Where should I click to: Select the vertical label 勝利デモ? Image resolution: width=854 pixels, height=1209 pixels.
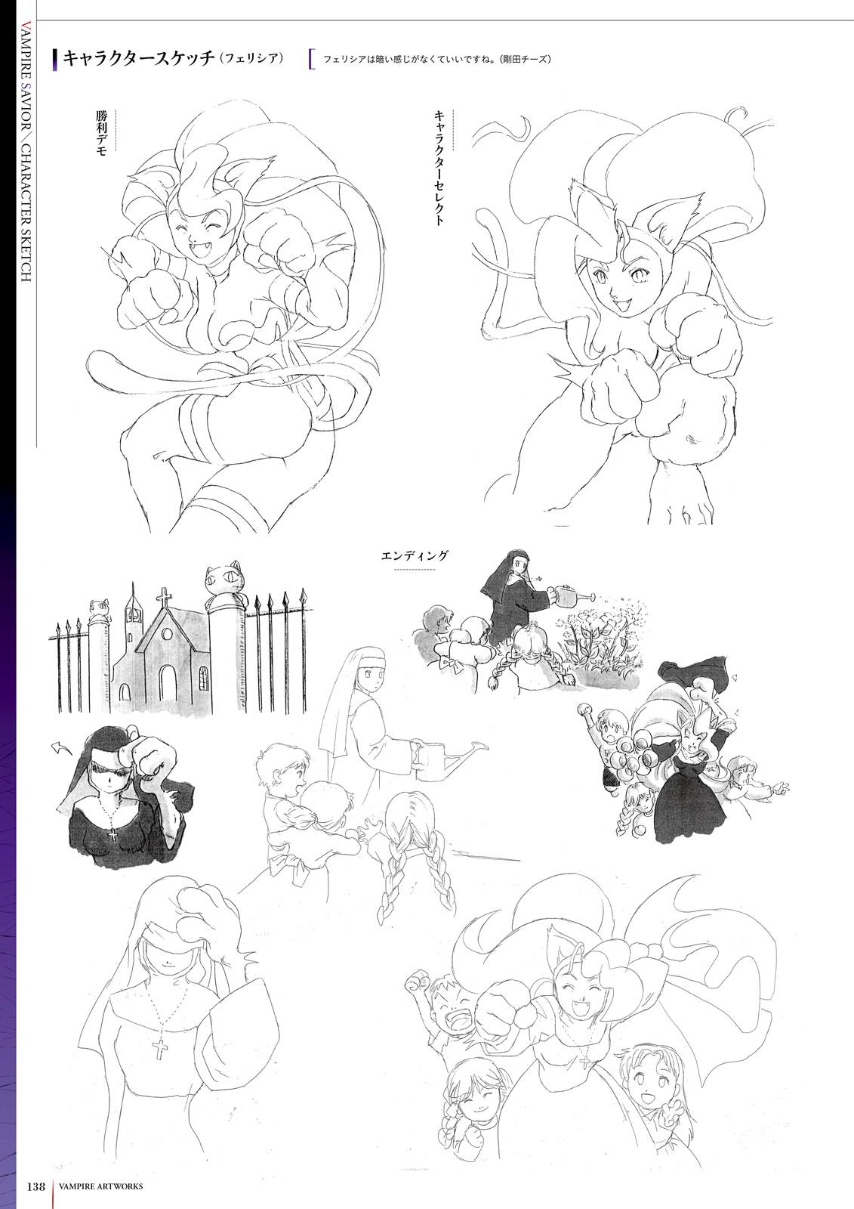101,133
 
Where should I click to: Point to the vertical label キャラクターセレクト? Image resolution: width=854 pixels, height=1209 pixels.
439,168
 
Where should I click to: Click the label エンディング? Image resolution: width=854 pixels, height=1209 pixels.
415,555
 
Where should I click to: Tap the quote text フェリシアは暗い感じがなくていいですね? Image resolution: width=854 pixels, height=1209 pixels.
405,60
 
